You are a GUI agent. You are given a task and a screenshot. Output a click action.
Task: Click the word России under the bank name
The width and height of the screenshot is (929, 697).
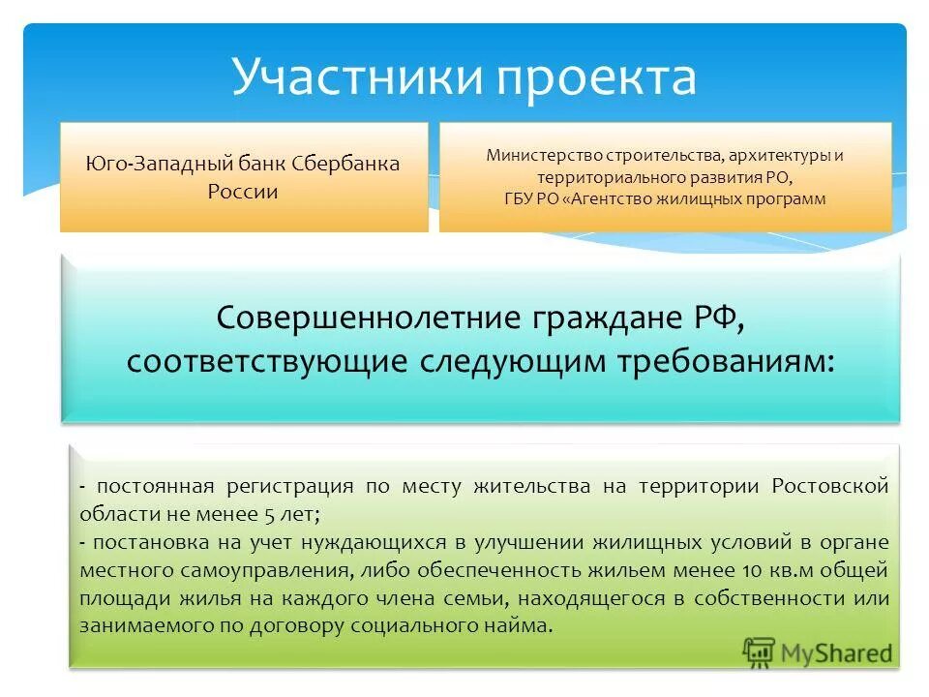(243, 191)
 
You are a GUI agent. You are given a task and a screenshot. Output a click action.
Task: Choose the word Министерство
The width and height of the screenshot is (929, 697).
(544, 155)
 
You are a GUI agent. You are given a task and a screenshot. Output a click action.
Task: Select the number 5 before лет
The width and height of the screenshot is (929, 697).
(254, 514)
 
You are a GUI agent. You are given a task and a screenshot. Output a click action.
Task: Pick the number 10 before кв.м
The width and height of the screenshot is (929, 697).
(716, 570)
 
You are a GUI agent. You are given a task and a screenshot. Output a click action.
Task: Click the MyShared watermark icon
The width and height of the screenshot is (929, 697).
(761, 653)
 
